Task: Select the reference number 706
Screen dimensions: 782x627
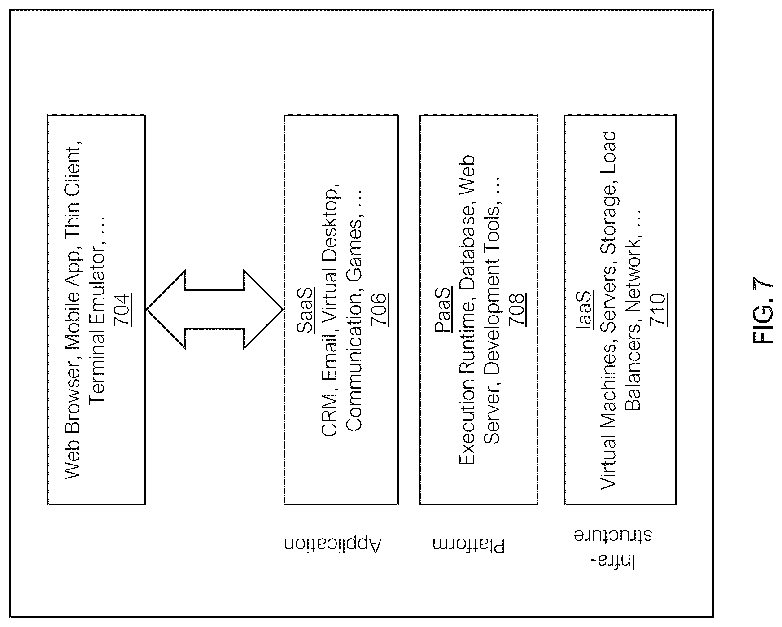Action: (379, 309)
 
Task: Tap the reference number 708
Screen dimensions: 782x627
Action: (516, 309)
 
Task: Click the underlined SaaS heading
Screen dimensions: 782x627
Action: (305, 310)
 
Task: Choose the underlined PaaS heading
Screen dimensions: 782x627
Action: (443, 310)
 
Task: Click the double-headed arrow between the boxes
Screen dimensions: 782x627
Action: (214, 309)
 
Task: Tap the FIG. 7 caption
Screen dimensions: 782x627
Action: (763, 309)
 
